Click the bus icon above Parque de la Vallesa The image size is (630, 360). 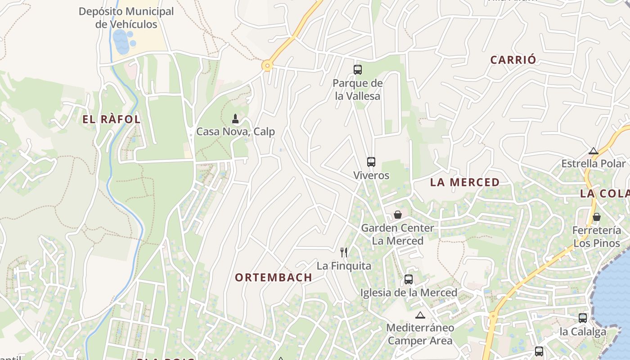[358, 70]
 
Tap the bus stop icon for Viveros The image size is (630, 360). [371, 162]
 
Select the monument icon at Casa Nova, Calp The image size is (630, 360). [235, 119]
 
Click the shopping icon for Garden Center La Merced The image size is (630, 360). [397, 215]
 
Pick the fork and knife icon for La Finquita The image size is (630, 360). [344, 252]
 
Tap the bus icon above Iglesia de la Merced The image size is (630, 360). [408, 279]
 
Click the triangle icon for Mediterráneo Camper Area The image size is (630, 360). [420, 315]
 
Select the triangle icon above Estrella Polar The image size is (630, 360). [594, 151]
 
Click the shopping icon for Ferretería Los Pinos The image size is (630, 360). [596, 217]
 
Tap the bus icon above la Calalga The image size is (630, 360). [582, 318]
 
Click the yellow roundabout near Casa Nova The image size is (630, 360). [267, 66]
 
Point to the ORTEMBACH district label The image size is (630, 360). [274, 278]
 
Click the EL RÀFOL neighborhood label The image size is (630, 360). [112, 119]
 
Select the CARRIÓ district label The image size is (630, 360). [513, 60]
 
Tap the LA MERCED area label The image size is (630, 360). [465, 182]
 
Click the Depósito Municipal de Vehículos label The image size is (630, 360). [126, 18]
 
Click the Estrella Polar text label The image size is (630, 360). [593, 163]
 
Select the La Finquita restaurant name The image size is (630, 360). [344, 266]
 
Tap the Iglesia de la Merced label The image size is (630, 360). [409, 293]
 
